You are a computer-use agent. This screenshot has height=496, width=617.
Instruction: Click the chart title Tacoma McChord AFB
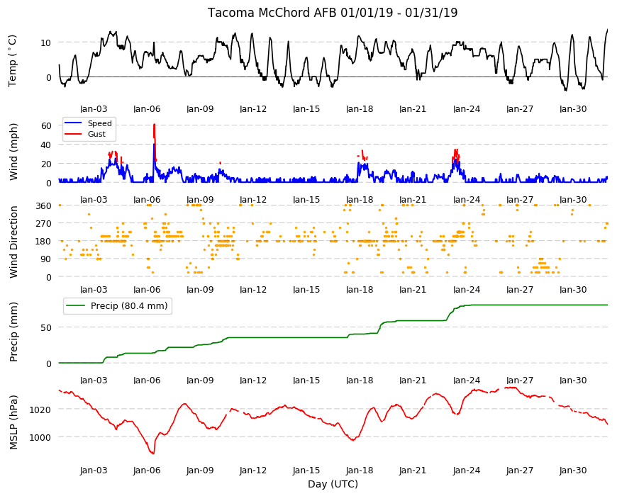272,13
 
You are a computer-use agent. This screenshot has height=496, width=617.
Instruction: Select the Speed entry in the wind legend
99,123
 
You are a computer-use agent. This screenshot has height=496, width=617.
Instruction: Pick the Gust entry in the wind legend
96,134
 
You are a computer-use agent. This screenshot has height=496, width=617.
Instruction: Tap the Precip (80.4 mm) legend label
129,306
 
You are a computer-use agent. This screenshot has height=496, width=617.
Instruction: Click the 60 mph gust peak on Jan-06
154,125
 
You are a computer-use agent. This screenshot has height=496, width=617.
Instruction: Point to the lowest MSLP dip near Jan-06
153,453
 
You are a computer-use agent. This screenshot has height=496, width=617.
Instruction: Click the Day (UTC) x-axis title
333,484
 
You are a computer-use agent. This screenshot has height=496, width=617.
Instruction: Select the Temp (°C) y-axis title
13,60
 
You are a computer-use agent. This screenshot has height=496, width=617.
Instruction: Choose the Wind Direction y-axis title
13,242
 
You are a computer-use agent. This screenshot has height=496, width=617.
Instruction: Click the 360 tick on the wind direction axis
43,205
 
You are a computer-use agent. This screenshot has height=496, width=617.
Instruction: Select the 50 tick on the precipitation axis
45,328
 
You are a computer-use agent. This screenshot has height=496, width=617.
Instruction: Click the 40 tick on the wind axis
45,145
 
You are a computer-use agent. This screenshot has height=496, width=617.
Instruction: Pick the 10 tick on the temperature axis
45,43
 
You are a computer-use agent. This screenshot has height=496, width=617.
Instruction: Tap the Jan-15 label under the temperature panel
306,109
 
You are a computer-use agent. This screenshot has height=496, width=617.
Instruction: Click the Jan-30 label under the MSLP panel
573,470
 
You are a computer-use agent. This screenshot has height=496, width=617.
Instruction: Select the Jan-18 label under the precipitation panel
360,380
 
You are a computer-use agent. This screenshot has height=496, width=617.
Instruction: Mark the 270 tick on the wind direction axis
43,224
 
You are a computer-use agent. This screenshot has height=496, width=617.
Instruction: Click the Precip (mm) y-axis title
13,332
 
